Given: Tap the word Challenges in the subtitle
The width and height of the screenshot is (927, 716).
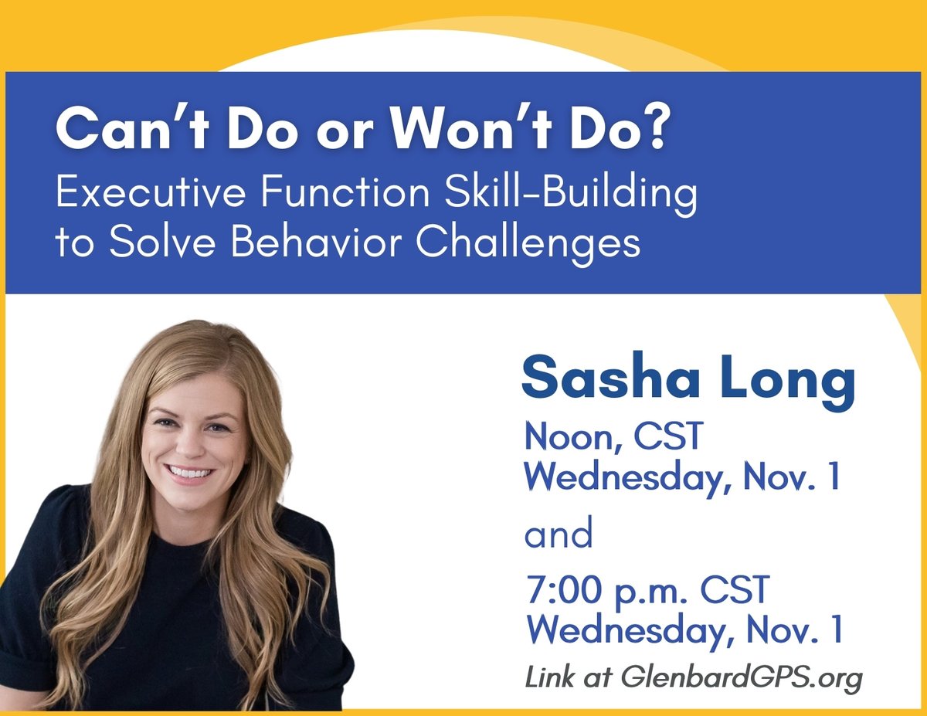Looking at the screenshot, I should click(529, 244).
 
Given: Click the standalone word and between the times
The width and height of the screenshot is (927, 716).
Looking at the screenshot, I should click(559, 534).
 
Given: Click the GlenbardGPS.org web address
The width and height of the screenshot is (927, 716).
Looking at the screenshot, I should click(742, 680).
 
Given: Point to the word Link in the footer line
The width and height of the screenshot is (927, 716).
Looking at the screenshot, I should click(548, 678).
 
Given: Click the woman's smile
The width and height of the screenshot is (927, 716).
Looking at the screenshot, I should click(190, 471).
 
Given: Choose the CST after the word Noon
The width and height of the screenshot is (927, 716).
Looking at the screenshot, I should click(668, 438).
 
